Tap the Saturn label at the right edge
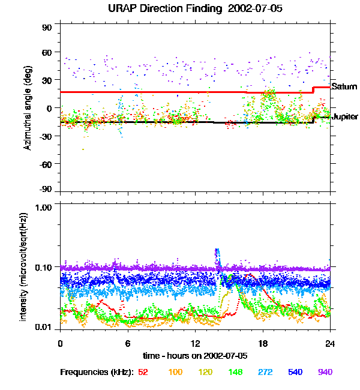(x=344, y=87)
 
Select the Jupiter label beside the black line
(x=345, y=116)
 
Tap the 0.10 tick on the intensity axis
(x=45, y=266)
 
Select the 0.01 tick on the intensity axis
(x=45, y=328)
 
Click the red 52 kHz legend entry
(x=143, y=372)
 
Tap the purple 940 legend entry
(x=325, y=372)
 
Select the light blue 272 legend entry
(x=265, y=372)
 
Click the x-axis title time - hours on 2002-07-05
(x=195, y=355)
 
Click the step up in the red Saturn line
(x=313, y=89)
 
